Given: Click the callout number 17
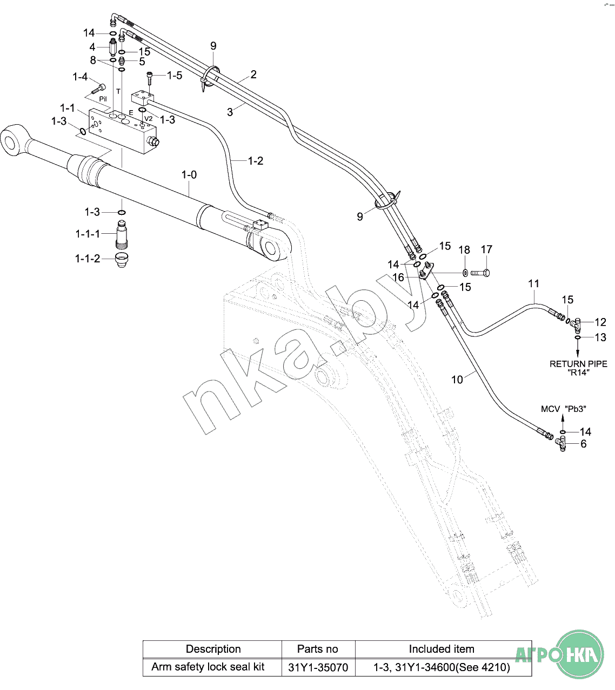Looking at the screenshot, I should pos(486,249).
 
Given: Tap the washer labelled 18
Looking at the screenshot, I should pos(465,272).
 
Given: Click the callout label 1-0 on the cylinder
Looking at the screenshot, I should pos(189,175).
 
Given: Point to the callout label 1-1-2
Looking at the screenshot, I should pos(88,259).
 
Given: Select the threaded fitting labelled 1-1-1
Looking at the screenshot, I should pos(122,234).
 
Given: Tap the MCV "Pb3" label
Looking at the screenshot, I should pos(564,409).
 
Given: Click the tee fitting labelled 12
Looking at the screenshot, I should pos(576,324).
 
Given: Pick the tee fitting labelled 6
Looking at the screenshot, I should pos(562,445).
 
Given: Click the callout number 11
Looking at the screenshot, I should pos(534,283).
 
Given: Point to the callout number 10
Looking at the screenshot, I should pos(457,380).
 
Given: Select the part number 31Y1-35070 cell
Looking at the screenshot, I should pos(318,667).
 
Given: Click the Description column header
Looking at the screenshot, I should pos(213,649).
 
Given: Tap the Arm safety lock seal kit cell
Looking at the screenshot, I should pos(208,667).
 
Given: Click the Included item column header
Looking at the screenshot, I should pos(442,649).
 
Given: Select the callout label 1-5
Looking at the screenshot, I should pos(175,76).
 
